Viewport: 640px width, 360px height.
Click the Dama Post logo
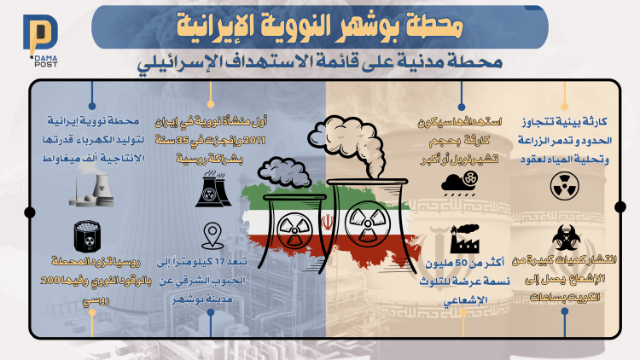40,40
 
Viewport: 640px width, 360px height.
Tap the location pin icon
212,235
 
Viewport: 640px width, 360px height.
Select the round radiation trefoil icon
565,186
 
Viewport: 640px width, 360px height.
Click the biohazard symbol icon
565,237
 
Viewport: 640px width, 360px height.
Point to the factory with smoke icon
464,239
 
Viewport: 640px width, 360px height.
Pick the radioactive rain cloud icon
460,183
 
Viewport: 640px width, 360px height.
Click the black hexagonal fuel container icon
87,237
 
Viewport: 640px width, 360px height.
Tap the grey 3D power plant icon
92,190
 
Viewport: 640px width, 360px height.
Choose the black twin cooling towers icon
213,189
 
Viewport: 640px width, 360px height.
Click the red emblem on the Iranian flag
327,223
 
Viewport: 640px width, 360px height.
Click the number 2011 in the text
254,141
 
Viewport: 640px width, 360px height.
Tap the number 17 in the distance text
219,262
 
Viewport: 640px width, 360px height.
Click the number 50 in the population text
461,264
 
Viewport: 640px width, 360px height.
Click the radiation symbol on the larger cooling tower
367,224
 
